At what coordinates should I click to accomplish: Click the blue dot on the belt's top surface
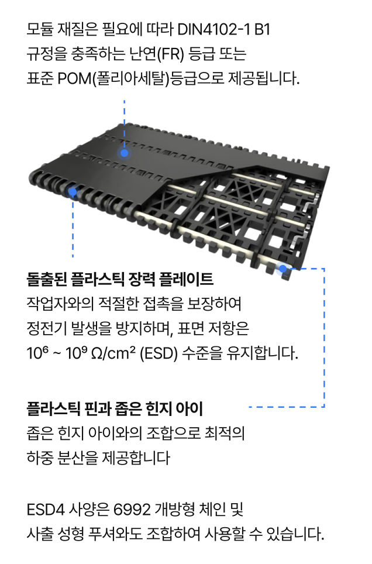tap(125, 153)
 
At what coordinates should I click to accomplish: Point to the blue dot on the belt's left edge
tap(73, 191)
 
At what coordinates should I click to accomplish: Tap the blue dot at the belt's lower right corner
tap(283, 269)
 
